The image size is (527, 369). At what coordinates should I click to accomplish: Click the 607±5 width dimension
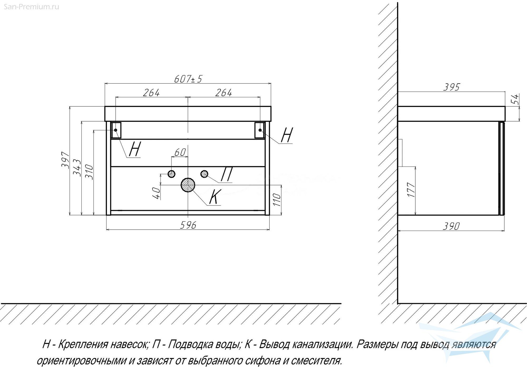click(x=188, y=79)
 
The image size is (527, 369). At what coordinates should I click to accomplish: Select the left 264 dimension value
click(x=151, y=93)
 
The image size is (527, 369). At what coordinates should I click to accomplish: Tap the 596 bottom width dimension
click(x=188, y=225)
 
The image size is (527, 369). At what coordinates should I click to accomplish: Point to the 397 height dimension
click(x=65, y=160)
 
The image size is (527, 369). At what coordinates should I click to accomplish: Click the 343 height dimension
click(x=77, y=168)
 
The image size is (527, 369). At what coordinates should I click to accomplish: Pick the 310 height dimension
click(x=90, y=172)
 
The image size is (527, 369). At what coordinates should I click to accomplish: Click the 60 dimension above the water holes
click(x=180, y=152)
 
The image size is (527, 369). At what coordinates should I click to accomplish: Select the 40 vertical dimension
click(x=157, y=193)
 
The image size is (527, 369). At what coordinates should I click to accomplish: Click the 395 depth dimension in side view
click(x=451, y=87)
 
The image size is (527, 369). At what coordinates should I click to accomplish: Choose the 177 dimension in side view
click(x=411, y=190)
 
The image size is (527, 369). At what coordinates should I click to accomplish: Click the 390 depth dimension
click(x=451, y=226)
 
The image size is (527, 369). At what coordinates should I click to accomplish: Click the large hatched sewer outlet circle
click(x=188, y=185)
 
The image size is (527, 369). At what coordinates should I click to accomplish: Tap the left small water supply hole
click(x=172, y=174)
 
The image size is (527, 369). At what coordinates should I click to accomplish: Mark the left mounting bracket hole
click(x=116, y=130)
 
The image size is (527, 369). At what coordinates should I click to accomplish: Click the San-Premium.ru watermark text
click(x=32, y=7)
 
